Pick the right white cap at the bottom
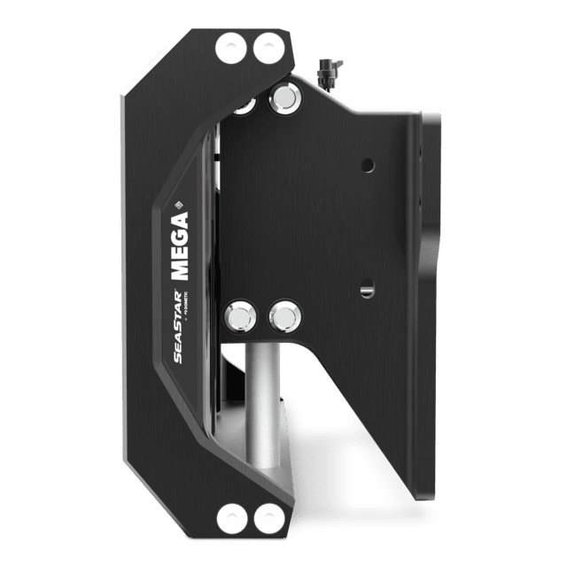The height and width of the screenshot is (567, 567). click(265, 517)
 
